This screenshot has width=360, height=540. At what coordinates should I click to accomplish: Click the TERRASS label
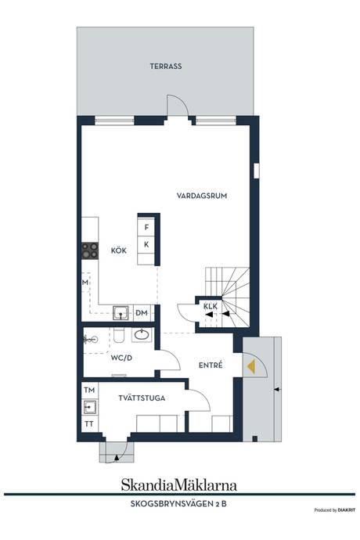[166, 66]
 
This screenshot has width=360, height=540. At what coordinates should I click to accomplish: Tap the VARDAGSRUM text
[202, 196]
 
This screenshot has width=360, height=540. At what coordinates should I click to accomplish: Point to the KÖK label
[118, 250]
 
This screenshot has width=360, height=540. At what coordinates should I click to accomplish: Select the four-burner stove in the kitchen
[90, 251]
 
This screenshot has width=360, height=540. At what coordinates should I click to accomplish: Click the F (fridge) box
[146, 227]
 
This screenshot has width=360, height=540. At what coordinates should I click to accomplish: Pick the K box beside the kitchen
[146, 244]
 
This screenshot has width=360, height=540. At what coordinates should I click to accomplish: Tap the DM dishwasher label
[142, 313]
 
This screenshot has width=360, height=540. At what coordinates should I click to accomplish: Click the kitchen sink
[121, 313]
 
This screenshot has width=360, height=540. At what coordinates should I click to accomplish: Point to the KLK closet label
[211, 306]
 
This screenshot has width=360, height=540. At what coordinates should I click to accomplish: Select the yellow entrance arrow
[251, 366]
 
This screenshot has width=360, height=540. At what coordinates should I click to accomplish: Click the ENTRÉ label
[211, 365]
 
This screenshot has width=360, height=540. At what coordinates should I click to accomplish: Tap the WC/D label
[121, 358]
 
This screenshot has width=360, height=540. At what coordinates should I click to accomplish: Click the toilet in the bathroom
[118, 335]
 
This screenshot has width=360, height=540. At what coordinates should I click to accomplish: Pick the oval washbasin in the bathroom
[142, 334]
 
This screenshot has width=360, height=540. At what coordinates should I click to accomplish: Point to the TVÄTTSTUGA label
[142, 398]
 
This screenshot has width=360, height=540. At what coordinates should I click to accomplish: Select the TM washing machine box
[89, 391]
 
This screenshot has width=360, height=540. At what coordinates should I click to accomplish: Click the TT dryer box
[89, 424]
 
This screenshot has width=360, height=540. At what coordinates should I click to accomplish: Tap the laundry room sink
[89, 407]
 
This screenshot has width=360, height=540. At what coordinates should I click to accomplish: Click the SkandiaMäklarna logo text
[178, 485]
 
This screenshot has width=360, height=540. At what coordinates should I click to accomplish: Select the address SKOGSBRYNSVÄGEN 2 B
[178, 504]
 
